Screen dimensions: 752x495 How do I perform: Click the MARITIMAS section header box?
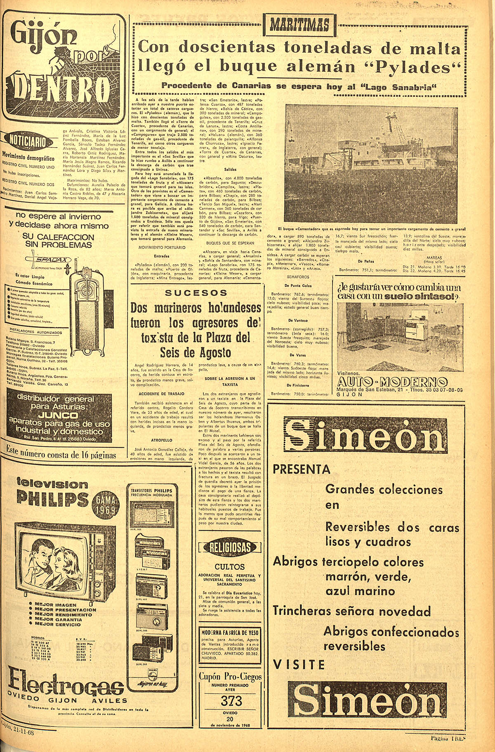(300, 25)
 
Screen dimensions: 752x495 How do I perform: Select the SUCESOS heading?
(196, 293)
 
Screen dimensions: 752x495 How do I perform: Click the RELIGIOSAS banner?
(230, 547)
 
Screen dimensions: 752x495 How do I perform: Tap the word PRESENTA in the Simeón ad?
(302, 469)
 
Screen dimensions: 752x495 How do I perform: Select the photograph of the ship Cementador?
(371, 164)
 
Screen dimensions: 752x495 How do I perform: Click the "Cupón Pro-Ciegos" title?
(230, 677)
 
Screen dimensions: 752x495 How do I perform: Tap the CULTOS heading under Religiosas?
(230, 566)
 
